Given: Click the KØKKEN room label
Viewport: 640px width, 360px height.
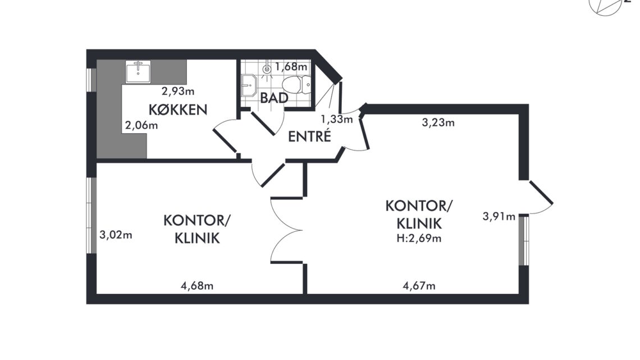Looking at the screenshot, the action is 178,110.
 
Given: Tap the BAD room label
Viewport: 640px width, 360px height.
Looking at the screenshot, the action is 275,98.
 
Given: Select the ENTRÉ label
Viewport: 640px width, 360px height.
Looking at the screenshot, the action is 309,136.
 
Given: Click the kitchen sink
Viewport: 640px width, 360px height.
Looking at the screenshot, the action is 138,72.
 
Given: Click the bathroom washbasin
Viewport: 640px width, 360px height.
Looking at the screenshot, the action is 249,86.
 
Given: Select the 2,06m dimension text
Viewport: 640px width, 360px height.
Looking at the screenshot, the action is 141,125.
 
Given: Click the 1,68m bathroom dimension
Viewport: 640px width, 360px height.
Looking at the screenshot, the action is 291,66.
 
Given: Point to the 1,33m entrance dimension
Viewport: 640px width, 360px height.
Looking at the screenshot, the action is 337,119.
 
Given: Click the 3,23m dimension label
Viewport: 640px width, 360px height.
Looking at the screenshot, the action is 438,122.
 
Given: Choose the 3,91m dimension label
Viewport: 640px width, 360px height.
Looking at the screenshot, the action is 499,216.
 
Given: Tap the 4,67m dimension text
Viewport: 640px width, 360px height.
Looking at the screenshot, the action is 419,286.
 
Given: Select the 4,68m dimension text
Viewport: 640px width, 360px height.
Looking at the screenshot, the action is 197,286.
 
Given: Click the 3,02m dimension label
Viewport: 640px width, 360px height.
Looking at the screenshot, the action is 116,235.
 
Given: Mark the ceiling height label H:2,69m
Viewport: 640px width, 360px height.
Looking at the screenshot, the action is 419,238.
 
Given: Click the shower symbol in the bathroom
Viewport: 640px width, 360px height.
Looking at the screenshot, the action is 267,70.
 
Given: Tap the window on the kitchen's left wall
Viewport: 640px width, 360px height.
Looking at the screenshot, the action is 92,79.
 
